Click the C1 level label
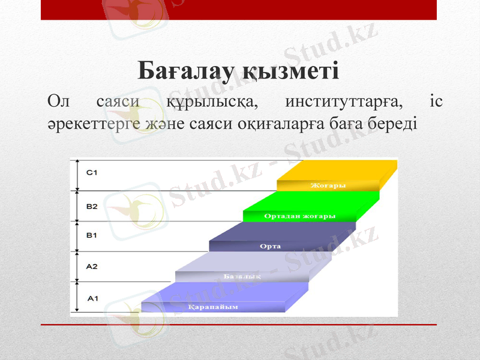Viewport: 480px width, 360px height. [x=92, y=173]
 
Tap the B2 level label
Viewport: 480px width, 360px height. [x=92, y=206]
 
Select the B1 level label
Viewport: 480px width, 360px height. [x=92, y=235]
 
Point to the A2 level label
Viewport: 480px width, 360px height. [x=92, y=266]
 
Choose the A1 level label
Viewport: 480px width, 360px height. [x=92, y=297]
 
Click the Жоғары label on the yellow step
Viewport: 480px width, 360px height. [x=328, y=185]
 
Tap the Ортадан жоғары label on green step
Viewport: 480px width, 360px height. [x=300, y=215]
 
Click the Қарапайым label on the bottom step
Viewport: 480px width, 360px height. [x=213, y=307]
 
